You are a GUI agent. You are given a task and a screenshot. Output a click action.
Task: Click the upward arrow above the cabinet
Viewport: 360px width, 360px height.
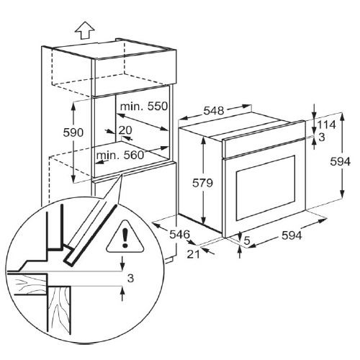[85, 30]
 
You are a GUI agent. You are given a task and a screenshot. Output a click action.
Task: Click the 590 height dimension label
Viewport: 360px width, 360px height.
[73, 132]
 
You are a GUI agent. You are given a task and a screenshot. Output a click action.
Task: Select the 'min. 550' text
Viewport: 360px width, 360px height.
[144, 107]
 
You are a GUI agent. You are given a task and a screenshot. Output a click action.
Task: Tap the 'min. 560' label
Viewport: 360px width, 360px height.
[120, 156]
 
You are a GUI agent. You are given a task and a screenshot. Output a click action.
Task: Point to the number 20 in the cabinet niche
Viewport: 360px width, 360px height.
[125, 130]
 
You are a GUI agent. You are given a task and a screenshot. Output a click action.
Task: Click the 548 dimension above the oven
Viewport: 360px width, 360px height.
[214, 111]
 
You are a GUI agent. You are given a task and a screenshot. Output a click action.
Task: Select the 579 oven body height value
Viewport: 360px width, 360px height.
[202, 183]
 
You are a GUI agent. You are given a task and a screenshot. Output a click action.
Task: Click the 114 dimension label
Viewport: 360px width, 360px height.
[326, 125]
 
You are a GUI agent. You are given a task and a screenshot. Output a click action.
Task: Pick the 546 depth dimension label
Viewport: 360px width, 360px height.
[180, 234]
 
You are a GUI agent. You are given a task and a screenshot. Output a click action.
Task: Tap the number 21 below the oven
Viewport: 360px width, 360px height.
[194, 254]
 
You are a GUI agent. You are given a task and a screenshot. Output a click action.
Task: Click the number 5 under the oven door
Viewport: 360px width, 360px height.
[247, 240]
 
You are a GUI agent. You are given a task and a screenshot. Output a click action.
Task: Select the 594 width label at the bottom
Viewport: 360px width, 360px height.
[292, 235]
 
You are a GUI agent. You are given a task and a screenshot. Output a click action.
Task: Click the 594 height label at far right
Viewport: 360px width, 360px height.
[341, 161]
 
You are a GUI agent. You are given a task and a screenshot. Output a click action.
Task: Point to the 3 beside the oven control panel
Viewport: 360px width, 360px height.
[322, 138]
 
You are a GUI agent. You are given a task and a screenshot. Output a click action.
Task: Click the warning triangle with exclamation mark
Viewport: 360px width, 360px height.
[125, 238]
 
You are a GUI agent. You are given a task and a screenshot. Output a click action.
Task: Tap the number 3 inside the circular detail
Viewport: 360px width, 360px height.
[130, 279]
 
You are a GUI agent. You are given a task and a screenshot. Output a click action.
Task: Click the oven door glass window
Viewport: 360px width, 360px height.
[266, 187]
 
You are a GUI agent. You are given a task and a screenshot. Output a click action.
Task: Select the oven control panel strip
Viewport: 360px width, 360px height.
[264, 139]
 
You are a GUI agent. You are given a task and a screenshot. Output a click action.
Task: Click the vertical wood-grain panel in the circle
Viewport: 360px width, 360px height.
[59, 310]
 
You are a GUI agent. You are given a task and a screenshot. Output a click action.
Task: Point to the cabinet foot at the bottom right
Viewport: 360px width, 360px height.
[170, 260]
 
